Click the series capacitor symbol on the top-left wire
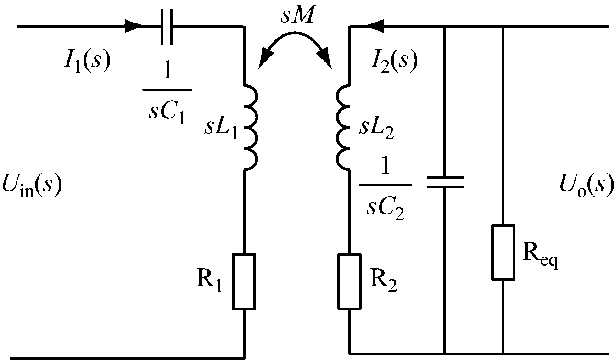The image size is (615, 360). point(167,26)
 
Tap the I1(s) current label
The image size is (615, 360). point(86,62)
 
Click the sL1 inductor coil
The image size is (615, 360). point(251,127)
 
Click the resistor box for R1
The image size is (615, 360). point(244,281)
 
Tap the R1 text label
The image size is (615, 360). point(209,281)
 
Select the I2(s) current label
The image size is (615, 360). point(394,62)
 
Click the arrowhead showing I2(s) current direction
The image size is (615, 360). point(376,26)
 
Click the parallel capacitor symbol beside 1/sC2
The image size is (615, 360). point(445,182)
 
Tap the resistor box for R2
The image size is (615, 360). point(350,281)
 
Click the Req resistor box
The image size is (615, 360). point(503,252)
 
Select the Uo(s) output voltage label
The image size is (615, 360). point(586,185)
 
